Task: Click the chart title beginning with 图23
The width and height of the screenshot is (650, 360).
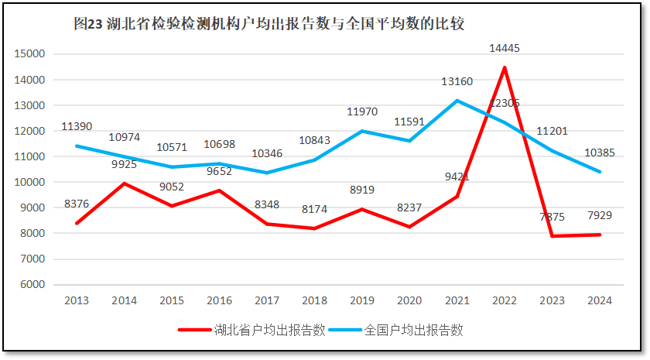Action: [x=269, y=24]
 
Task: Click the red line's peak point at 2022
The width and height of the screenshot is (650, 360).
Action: [x=505, y=67]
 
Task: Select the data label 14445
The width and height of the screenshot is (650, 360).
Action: [x=505, y=49]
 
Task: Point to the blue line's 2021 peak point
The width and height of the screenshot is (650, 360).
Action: [x=457, y=101]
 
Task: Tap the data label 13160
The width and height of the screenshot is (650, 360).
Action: [x=457, y=82]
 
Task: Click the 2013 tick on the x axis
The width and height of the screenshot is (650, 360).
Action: [x=77, y=300]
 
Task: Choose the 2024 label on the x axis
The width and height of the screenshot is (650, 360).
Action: [x=600, y=300]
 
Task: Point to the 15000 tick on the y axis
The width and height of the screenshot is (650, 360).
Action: [x=31, y=54]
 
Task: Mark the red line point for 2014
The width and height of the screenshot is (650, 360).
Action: [x=125, y=183]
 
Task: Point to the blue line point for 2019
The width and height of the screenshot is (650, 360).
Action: [x=362, y=131]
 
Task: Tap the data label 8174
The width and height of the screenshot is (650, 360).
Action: [x=314, y=209]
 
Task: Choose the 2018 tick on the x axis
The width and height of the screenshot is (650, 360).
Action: [x=314, y=300]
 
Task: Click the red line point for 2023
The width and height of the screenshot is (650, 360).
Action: [x=552, y=236]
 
